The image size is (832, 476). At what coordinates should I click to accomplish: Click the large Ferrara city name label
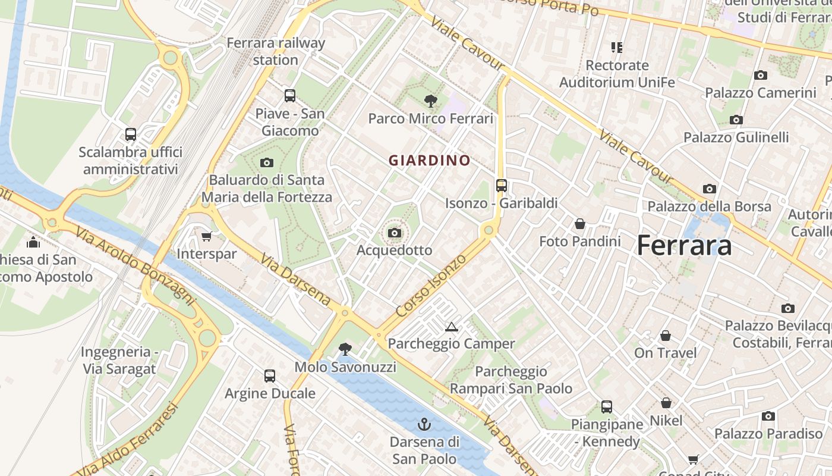tap(683, 246)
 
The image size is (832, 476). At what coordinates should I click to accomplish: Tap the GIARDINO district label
tap(429, 161)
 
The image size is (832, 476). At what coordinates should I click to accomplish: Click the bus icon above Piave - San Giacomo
tap(290, 96)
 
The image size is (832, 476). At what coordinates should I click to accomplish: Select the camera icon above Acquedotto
tap(394, 233)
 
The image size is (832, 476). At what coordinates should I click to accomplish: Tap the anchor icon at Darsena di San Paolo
tap(424, 424)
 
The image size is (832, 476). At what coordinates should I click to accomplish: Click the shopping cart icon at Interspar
tap(207, 236)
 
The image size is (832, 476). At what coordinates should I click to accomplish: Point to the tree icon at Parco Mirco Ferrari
tap(431, 101)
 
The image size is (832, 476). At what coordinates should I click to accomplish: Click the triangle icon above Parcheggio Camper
tap(451, 327)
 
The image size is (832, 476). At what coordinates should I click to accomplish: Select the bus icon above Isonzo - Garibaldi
tap(502, 186)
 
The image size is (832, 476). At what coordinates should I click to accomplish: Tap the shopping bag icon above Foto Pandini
tap(579, 224)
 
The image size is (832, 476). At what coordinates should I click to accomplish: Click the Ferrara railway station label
tap(276, 51)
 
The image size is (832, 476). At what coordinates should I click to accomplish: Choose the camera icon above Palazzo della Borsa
tap(709, 189)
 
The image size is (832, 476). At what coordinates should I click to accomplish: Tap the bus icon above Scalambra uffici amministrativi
tap(131, 134)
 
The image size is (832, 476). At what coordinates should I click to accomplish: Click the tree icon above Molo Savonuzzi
tap(345, 349)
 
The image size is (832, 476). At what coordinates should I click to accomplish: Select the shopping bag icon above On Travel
tap(666, 336)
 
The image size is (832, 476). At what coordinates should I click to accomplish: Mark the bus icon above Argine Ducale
tap(270, 375)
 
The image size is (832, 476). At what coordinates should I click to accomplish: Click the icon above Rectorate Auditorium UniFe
tap(617, 47)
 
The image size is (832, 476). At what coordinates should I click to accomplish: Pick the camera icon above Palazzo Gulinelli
tap(736, 120)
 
